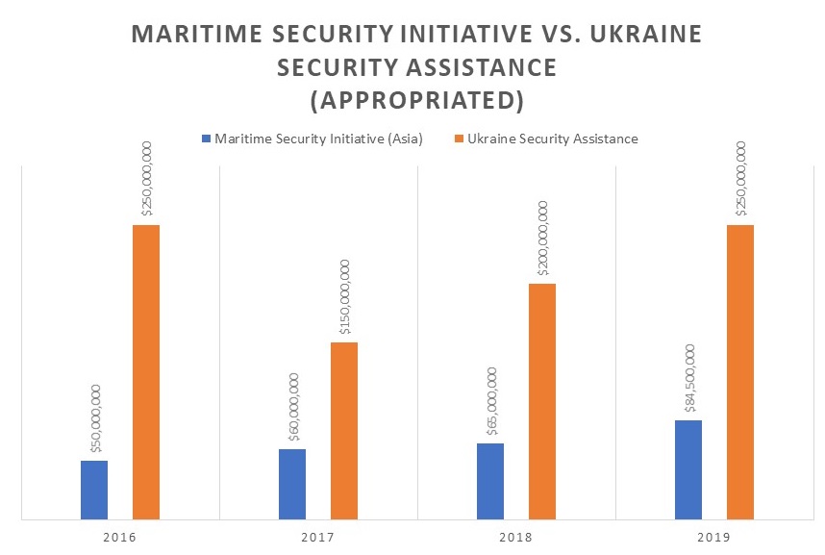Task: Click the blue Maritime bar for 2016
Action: (x=94, y=491)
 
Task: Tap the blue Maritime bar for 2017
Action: (x=292, y=485)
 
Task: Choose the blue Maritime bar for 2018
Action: (x=490, y=482)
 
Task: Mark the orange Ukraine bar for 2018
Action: (x=542, y=402)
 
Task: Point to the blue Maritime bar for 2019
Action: (x=688, y=470)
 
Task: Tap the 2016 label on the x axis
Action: (x=120, y=536)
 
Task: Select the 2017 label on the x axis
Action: (x=318, y=536)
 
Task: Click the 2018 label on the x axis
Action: (x=516, y=536)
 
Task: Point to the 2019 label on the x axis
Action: (x=714, y=536)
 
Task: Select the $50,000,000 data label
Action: (x=95, y=418)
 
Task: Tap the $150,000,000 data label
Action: (x=344, y=296)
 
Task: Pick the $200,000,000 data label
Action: (x=542, y=239)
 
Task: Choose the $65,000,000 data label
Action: (x=491, y=402)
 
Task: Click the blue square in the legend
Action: (x=206, y=139)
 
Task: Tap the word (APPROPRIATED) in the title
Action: (x=416, y=99)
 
